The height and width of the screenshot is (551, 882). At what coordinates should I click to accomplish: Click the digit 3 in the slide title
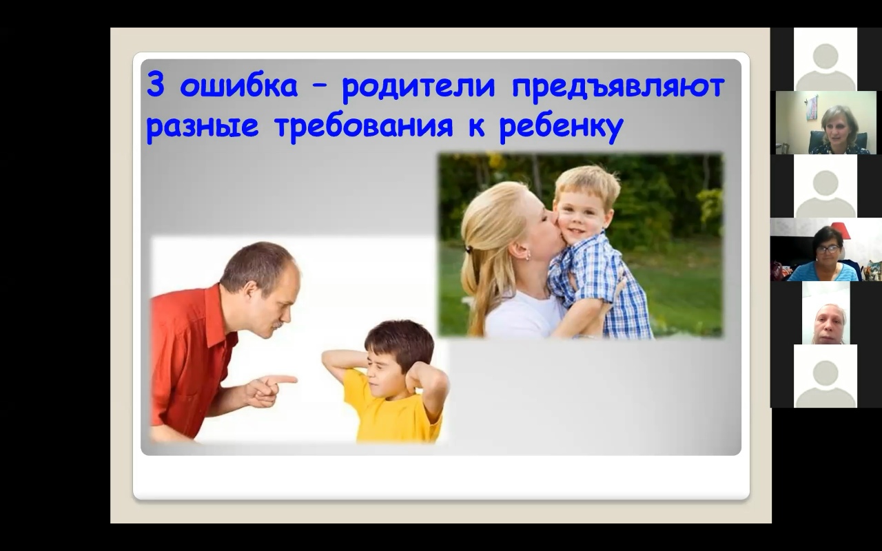[155, 85]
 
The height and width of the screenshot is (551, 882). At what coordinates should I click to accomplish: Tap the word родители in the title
[418, 87]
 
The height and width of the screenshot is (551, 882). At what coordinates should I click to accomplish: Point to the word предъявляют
[618, 87]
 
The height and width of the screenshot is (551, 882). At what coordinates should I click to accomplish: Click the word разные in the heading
[203, 127]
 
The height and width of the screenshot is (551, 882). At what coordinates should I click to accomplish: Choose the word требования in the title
[364, 126]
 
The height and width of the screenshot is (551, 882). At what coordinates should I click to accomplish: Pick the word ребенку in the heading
[561, 126]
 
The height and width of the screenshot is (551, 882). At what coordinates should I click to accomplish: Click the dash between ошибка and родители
[319, 87]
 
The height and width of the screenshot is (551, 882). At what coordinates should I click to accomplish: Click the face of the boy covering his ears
[381, 375]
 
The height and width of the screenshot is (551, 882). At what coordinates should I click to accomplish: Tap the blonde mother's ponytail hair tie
[467, 249]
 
